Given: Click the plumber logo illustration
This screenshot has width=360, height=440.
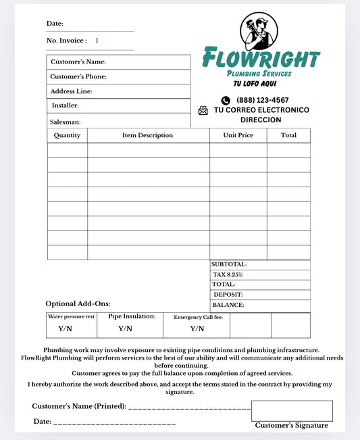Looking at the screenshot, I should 258,31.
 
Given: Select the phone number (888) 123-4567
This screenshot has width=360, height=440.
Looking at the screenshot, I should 263,100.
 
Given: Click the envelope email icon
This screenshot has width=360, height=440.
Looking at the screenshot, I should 203,110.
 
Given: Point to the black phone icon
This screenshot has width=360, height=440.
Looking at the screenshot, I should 226,100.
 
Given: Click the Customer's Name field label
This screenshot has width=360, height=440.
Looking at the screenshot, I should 78,62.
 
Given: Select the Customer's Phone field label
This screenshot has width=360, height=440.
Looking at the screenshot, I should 78,76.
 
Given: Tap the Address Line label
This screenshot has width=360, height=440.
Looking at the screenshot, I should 71,91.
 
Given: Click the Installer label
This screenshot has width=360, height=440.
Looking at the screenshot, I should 66,105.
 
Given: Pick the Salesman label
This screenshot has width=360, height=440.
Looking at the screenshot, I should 66,122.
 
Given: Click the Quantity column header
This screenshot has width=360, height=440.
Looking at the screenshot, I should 67,135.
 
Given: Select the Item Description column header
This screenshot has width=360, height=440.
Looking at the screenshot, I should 147,135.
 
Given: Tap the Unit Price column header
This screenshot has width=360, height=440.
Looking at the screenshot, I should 238,135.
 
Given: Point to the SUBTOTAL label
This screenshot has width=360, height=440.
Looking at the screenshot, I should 229,265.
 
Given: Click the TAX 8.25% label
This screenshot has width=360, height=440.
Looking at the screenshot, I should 228,275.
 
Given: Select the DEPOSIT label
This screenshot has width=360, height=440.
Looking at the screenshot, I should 228,295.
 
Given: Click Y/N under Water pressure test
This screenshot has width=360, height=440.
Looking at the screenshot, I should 66,329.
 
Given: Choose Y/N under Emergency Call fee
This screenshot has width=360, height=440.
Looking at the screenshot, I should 197,329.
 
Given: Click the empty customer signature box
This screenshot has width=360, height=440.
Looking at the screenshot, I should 292,411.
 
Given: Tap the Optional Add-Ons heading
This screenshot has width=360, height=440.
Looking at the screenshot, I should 78,304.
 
